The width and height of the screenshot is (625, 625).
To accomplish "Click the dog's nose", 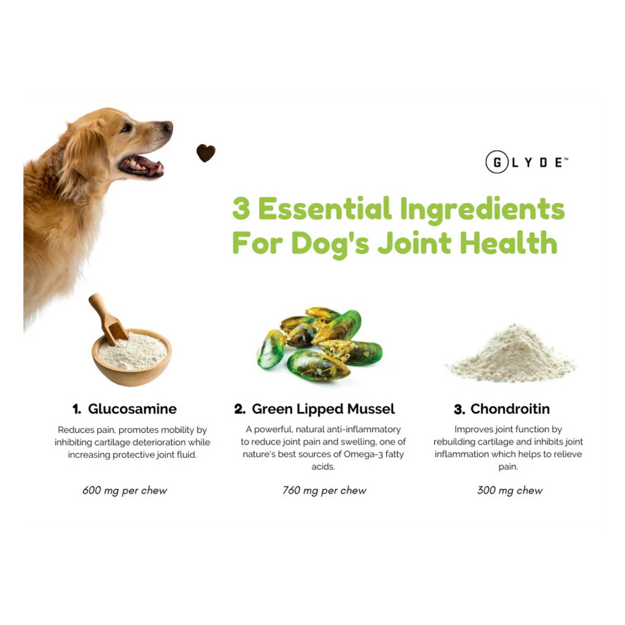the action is [x=168, y=126].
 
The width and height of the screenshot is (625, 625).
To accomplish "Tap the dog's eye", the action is [x=127, y=128].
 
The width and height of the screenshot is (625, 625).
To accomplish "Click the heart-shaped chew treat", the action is [x=206, y=153].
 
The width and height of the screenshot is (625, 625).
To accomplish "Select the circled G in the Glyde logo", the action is [x=497, y=162].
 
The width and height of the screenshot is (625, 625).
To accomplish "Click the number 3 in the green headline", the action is [x=241, y=209].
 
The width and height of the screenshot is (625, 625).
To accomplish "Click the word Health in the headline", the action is [x=508, y=242].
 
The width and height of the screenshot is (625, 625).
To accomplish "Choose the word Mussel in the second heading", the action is [x=370, y=409].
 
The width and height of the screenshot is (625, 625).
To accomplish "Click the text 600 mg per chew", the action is [x=125, y=490].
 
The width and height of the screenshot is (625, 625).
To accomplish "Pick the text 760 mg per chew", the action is [x=324, y=490].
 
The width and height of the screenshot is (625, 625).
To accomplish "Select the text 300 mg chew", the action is [x=510, y=490].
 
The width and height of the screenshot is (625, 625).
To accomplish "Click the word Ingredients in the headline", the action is [x=482, y=209].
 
